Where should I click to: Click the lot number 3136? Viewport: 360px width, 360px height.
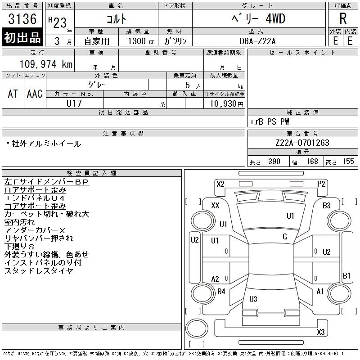(x=22, y=18)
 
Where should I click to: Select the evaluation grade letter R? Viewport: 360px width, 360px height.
(x=343, y=18)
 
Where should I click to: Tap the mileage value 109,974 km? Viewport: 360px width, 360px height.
(x=46, y=64)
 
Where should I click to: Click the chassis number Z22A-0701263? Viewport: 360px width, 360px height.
(x=302, y=143)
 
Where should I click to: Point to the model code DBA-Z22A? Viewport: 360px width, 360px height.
(x=257, y=41)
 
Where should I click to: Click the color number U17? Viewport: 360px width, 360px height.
(x=74, y=103)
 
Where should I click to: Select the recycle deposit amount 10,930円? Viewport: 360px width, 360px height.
(x=226, y=104)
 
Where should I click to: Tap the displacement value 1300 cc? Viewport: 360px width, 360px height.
(x=141, y=41)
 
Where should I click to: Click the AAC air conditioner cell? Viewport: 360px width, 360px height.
(x=35, y=94)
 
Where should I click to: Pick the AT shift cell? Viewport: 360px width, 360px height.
(x=13, y=94)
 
